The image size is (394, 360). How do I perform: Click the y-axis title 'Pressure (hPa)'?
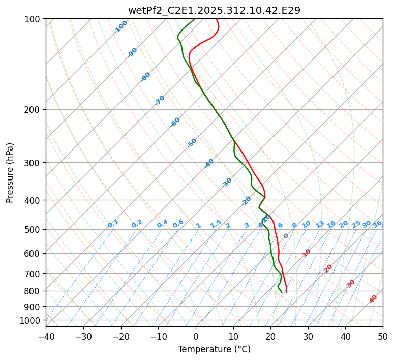[10, 172]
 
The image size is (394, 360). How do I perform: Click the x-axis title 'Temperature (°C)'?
[214, 350]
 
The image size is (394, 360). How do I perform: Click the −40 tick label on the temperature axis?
[46, 336]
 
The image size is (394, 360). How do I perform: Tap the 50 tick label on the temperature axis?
[383, 336]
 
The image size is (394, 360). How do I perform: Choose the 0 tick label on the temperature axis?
[196, 336]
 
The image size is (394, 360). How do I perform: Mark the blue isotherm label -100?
[121, 27]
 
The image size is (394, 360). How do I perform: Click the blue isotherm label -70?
[160, 100]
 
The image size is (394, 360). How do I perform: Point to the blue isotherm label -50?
[192, 143]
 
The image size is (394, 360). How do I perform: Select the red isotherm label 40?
[373, 298]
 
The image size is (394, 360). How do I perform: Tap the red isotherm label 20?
[328, 268]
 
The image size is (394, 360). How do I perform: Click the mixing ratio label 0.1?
[113, 224]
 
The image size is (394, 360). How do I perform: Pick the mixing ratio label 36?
[377, 224]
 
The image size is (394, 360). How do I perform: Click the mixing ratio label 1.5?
[216, 224]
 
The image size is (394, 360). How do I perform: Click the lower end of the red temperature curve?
[287, 292]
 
